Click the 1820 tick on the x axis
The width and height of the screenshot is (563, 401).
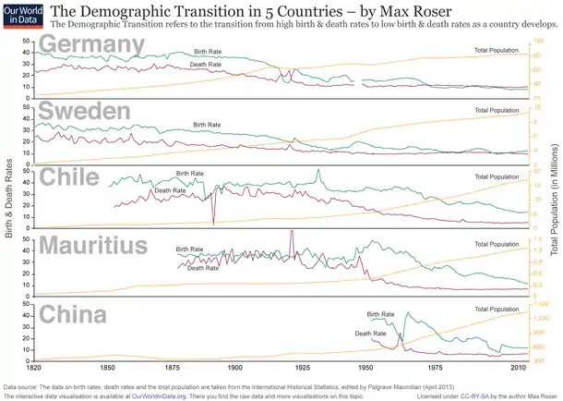coord(34,367)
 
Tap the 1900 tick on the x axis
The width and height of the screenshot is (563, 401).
coord(237,367)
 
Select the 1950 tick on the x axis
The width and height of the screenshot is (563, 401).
coord(365,367)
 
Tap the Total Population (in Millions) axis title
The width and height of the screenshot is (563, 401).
coord(555,199)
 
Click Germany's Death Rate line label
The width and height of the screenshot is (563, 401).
coord(205,65)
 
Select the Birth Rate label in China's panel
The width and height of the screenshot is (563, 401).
coord(379,315)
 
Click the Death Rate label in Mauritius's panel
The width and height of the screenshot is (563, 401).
coord(203,268)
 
